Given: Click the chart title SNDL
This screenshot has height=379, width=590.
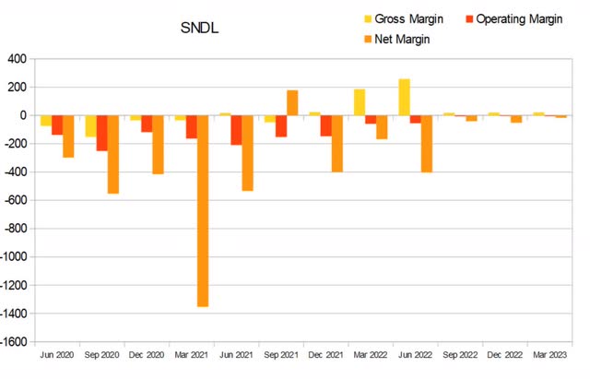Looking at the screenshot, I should pyautogui.click(x=199, y=30).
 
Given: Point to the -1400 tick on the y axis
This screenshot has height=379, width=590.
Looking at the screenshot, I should pyautogui.click(x=16, y=314).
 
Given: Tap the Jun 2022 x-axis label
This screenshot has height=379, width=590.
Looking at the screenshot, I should pyautogui.click(x=416, y=355).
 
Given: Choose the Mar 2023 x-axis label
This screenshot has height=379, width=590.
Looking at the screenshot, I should pyautogui.click(x=550, y=355).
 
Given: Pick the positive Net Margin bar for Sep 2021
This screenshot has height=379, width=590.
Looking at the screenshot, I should pyautogui.click(x=292, y=103).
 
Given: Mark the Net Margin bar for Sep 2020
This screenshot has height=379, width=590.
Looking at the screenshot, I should pyautogui.click(x=113, y=154).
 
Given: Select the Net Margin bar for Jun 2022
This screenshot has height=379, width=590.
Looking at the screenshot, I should pyautogui.click(x=426, y=144).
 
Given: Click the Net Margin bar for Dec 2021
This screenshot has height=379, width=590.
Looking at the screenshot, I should pyautogui.click(x=336, y=144).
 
